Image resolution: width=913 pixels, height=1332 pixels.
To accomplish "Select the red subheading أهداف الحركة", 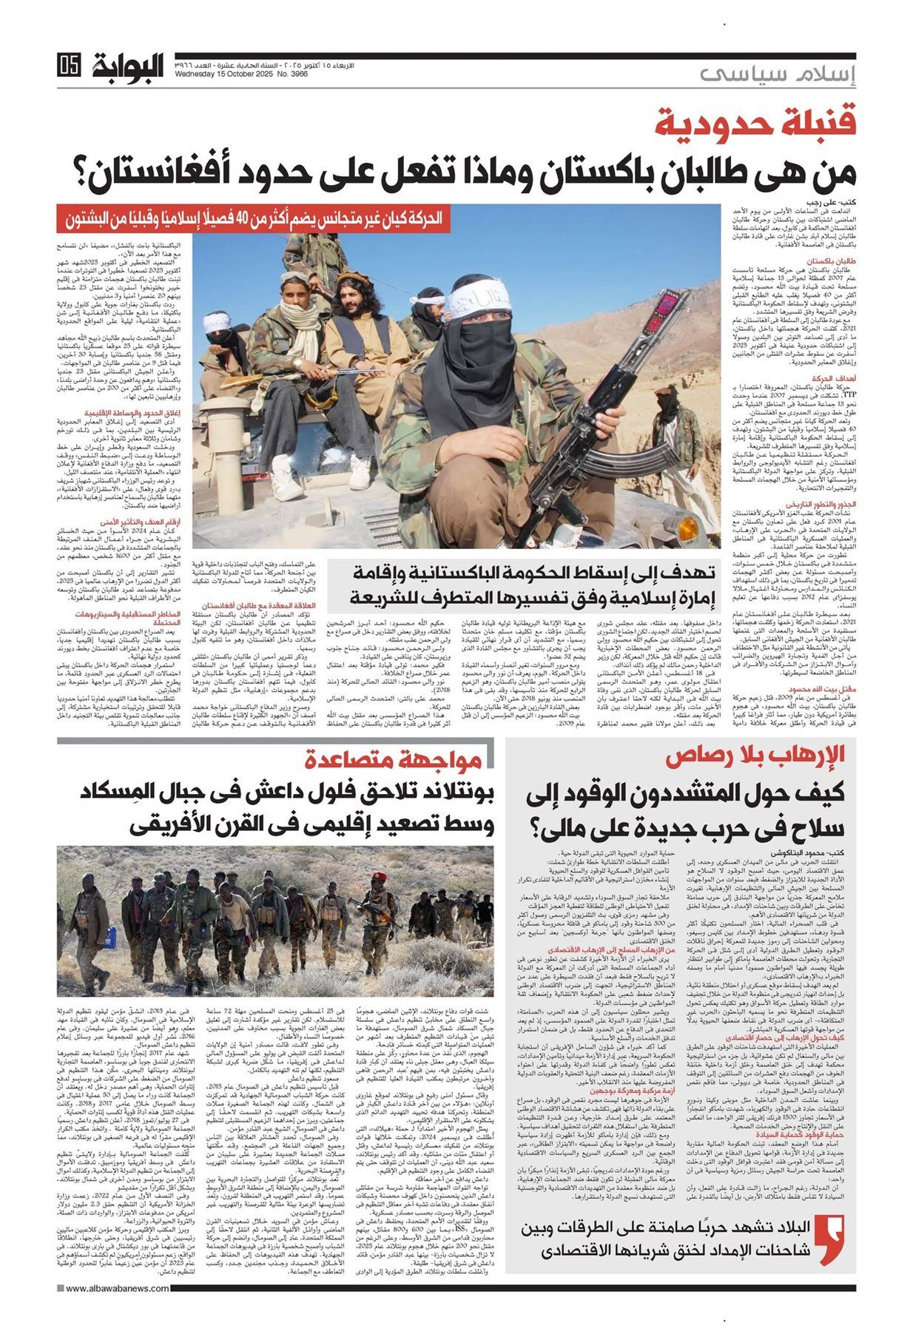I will pyautogui.click(x=835, y=377).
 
